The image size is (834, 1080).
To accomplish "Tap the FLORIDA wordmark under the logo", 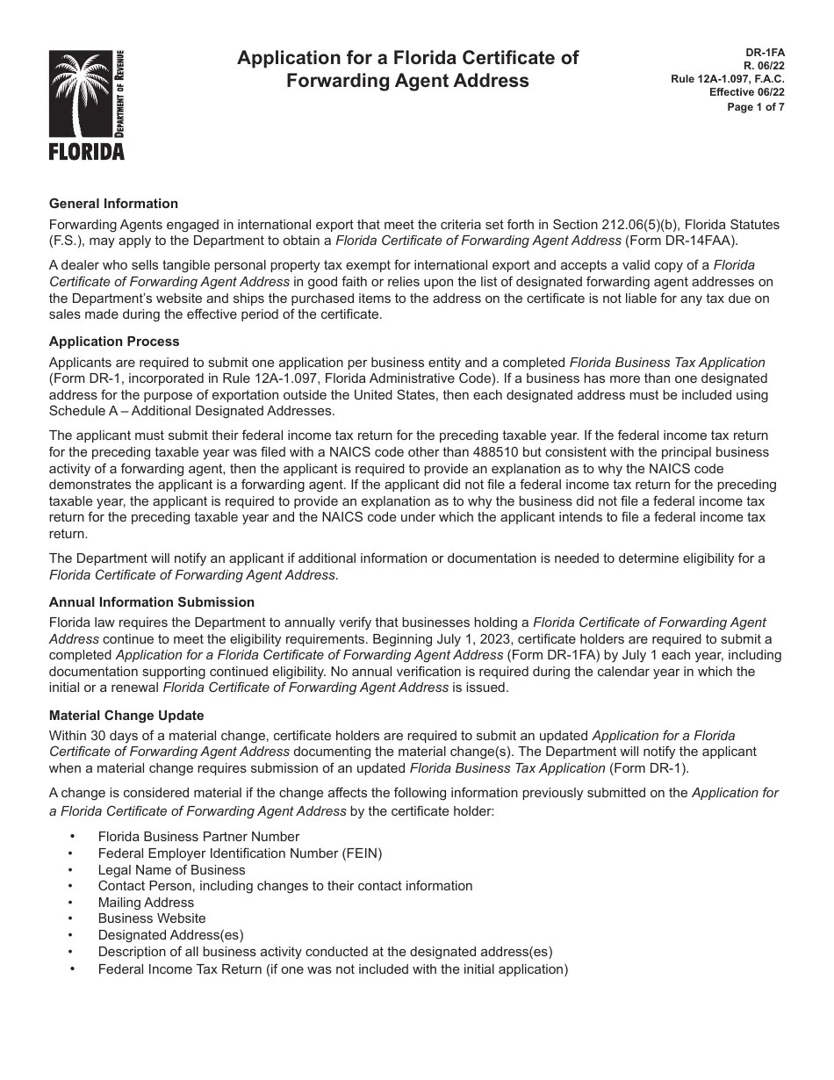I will coord(86,152).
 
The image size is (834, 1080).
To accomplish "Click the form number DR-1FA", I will coord(768,53).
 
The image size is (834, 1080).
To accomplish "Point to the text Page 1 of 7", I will coord(756,107).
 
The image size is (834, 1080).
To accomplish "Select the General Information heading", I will coord(113,204).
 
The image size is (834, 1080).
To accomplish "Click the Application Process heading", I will coord(114,342).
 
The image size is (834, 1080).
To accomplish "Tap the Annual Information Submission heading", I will coord(152,602).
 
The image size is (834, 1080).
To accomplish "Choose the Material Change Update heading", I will coord(126,716).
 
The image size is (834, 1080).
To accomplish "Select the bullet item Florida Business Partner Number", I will coord(198,837).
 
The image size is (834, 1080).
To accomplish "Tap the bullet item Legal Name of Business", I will coord(171,870).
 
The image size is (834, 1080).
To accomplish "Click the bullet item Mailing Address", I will coord(146,903).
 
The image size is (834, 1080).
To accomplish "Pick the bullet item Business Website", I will coord(152,918).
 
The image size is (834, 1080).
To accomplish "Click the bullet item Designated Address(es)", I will coord(170,935).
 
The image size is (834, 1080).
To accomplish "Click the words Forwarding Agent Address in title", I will coord(408,81).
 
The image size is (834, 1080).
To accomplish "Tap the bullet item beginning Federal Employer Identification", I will coord(240,853).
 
